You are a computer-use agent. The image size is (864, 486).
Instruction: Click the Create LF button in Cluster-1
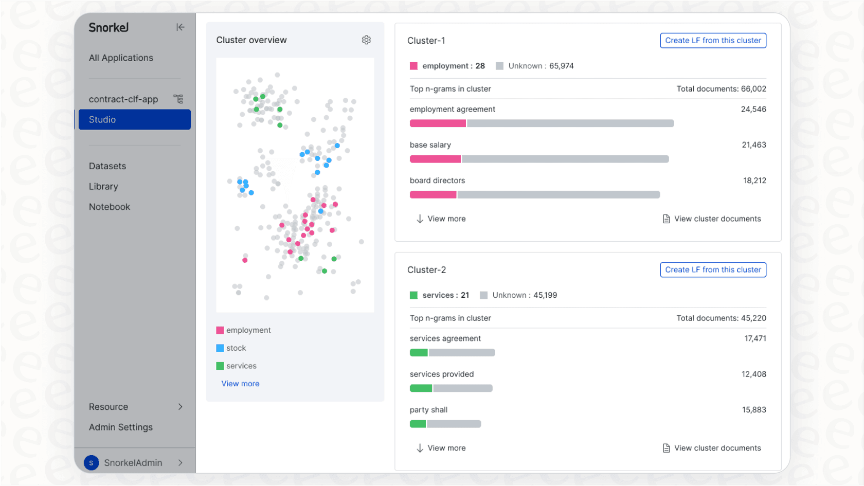click(713, 41)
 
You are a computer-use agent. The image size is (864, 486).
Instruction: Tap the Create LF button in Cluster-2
click(713, 269)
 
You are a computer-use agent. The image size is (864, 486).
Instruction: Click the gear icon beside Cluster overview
click(366, 40)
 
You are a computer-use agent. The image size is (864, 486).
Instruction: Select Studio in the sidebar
click(135, 119)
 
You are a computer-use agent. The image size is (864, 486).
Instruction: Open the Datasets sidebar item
click(107, 166)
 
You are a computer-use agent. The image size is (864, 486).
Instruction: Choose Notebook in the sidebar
click(110, 207)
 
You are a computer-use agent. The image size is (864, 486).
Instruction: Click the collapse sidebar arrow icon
click(180, 27)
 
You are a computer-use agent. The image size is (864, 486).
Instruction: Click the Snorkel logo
click(109, 27)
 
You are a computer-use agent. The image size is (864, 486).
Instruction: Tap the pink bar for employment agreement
click(437, 123)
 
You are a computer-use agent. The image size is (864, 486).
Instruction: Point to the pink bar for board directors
click(433, 194)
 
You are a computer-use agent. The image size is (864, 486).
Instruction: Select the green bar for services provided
click(421, 388)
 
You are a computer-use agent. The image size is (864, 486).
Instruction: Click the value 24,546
click(753, 109)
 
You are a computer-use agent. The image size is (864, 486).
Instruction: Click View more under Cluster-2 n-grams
click(441, 448)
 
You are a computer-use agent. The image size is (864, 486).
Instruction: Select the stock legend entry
click(231, 348)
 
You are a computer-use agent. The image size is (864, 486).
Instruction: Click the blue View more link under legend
click(240, 384)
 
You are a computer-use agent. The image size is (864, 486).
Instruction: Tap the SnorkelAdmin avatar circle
click(92, 463)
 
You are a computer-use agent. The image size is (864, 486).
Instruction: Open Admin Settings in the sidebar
click(121, 427)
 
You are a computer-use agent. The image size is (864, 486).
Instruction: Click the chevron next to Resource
click(180, 406)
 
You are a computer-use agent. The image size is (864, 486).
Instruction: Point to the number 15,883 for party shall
click(754, 409)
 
